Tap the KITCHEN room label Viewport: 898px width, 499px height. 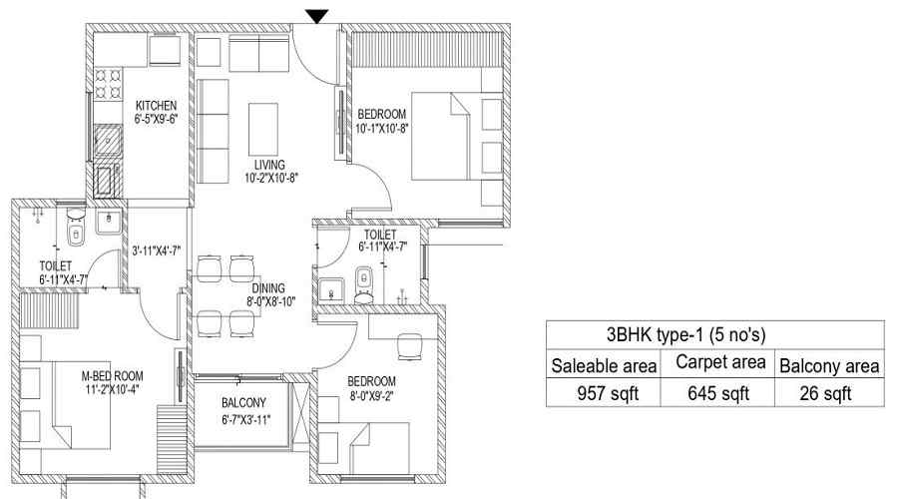pyautogui.click(x=156, y=106)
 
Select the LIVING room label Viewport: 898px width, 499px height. pyautogui.click(x=269, y=165)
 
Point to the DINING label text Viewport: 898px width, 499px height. pyautogui.click(x=268, y=288)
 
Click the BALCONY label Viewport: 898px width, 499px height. pyautogui.click(x=243, y=403)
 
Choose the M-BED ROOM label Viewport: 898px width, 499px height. pyautogui.click(x=112, y=376)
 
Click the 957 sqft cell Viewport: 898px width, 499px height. pyautogui.click(x=607, y=393)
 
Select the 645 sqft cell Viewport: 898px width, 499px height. pyautogui.click(x=718, y=393)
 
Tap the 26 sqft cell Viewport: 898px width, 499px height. pyautogui.click(x=825, y=393)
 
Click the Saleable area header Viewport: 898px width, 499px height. pyautogui.click(x=604, y=365)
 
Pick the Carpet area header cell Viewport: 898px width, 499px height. pyautogui.click(x=720, y=362)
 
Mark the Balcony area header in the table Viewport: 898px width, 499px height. pyautogui.click(x=829, y=365)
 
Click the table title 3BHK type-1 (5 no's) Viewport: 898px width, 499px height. pyautogui.click(x=685, y=334)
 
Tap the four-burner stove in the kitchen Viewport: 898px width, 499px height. pyautogui.click(x=108, y=84)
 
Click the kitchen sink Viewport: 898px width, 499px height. pyautogui.click(x=108, y=141)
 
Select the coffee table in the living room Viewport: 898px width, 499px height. pyautogui.click(x=262, y=129)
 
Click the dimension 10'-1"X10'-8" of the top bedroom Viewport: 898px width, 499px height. pyautogui.click(x=381, y=129)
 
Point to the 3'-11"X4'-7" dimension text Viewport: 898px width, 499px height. pyautogui.click(x=157, y=250)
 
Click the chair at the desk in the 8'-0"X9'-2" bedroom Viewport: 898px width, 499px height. pyautogui.click(x=409, y=346)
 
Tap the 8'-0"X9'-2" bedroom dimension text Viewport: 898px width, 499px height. pyautogui.click(x=371, y=395)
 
